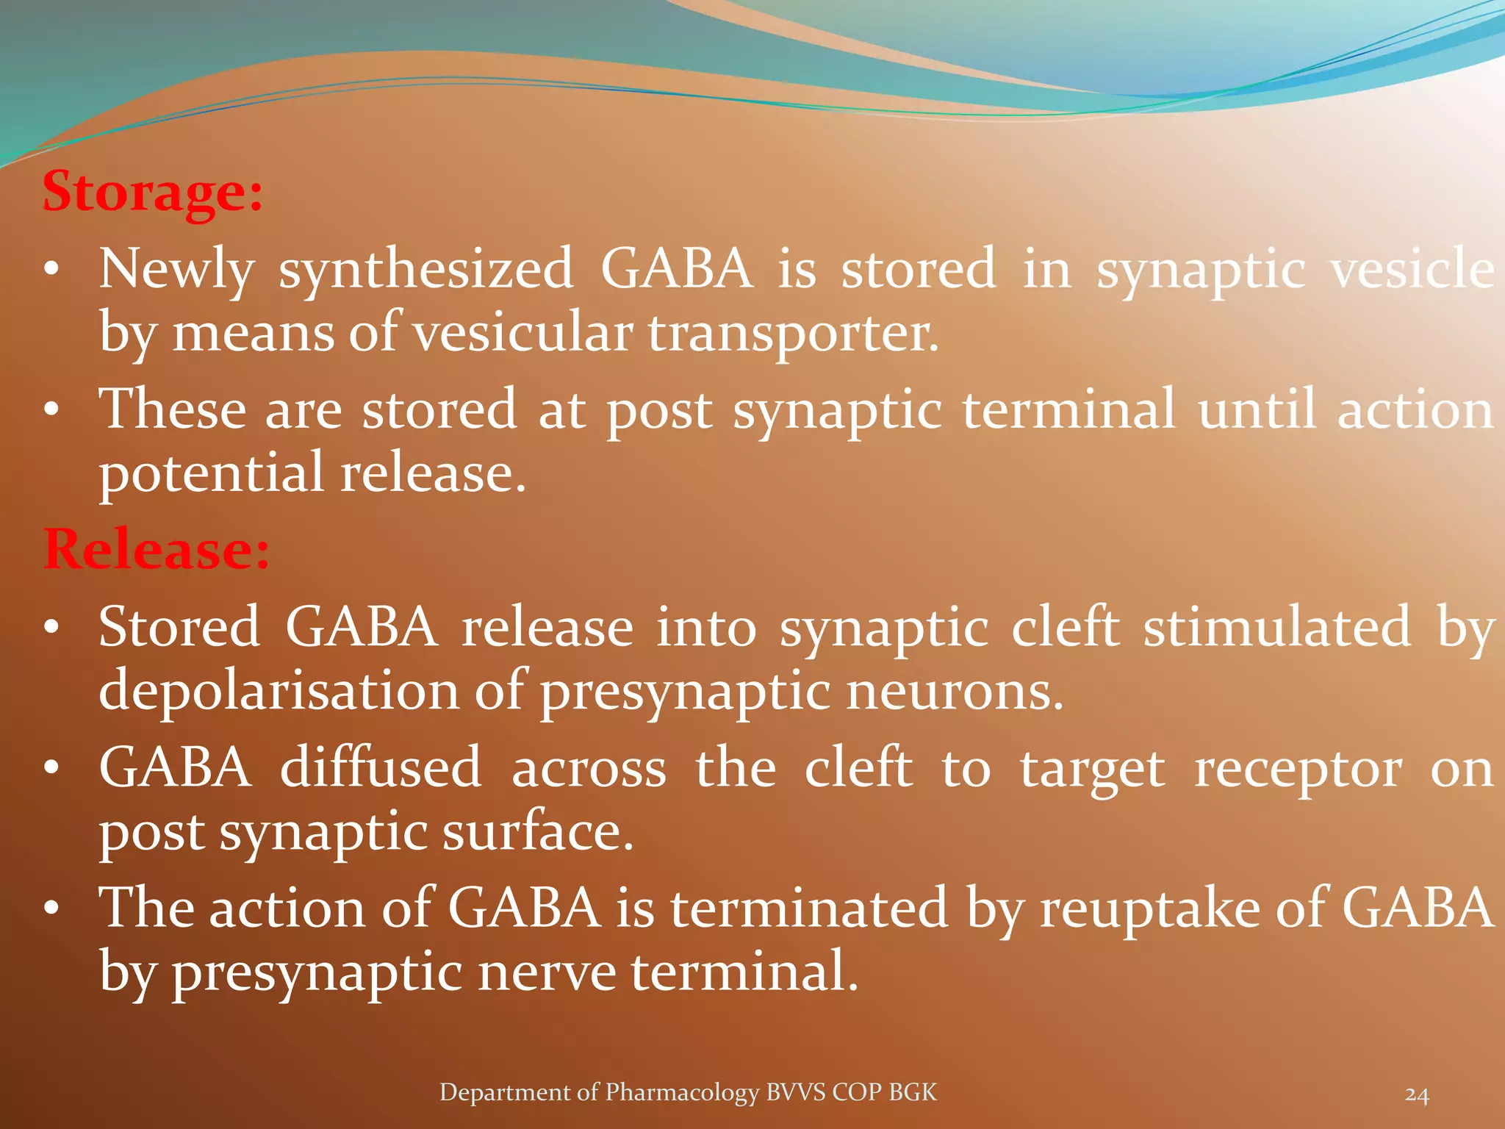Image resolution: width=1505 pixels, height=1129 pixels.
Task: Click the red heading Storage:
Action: pos(152,192)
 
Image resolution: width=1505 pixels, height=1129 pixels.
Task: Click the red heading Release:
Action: pos(156,550)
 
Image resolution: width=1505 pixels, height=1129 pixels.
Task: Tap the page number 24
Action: pos(1417,1094)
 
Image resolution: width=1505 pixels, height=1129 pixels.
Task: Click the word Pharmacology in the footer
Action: pos(681,1092)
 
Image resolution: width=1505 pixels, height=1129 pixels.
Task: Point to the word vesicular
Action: pos(522,333)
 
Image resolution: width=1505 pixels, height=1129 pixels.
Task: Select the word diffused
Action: pos(381,768)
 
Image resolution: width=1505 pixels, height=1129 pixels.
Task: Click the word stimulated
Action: pos(1276,627)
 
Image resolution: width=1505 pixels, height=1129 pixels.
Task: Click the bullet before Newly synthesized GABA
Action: pos(51,270)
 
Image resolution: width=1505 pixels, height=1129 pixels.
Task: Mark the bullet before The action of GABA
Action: pos(51,908)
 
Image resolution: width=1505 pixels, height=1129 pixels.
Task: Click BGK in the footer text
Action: pos(913,1092)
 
